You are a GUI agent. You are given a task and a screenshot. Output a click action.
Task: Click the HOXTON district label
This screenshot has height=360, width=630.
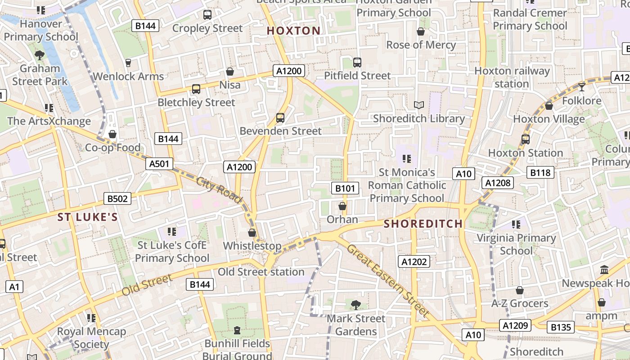tap(293, 31)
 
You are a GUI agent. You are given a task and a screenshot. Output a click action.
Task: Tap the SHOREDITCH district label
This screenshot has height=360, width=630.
tap(423, 224)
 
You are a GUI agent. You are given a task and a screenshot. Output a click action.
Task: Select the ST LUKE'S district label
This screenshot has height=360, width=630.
tap(88, 218)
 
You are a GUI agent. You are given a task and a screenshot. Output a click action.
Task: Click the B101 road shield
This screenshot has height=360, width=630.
tap(345, 188)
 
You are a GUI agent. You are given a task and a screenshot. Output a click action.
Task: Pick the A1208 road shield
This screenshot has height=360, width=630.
tap(498, 182)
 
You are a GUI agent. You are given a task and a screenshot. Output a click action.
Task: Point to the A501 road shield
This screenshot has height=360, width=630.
tap(160, 164)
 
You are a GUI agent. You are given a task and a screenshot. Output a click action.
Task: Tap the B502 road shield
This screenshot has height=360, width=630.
tap(117, 198)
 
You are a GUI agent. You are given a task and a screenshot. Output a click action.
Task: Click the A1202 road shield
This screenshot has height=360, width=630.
tap(414, 261)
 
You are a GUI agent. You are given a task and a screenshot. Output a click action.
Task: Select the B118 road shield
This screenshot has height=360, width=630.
tap(540, 172)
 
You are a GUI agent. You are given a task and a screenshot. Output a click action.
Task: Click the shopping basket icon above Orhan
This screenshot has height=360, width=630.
tap(342, 206)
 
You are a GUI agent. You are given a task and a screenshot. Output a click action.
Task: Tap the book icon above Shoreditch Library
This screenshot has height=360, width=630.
tap(419, 105)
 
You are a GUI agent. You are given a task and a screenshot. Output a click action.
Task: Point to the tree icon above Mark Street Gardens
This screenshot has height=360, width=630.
tap(355, 305)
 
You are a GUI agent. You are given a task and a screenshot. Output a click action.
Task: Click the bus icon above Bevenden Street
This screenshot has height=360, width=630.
tap(280, 118)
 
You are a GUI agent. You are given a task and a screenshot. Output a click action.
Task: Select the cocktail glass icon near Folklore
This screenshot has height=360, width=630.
tap(582, 87)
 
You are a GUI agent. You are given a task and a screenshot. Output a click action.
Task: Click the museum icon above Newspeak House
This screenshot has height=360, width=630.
tap(604, 270)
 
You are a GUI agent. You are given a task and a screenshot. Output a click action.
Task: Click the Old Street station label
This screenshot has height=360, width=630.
tap(261, 272)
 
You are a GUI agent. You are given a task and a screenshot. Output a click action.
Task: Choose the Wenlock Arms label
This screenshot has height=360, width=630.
tap(128, 76)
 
